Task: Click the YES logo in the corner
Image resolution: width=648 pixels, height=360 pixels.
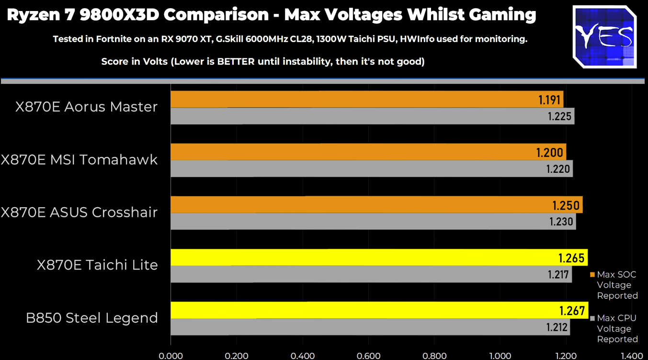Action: pyautogui.click(x=604, y=36)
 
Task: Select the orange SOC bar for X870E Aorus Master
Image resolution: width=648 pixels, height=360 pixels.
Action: pyautogui.click(x=366, y=100)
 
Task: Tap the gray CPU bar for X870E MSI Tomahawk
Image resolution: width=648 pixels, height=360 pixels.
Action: pyautogui.click(x=371, y=169)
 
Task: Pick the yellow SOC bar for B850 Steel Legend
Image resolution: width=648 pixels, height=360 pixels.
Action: pyautogui.click(x=378, y=310)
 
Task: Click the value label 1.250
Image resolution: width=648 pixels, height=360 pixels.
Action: pyautogui.click(x=566, y=205)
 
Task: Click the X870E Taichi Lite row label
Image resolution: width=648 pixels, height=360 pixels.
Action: pyautogui.click(x=97, y=265)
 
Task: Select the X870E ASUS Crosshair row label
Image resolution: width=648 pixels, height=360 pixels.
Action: pyautogui.click(x=79, y=212)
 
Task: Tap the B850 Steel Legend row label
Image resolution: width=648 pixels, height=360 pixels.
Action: pyautogui.click(x=92, y=317)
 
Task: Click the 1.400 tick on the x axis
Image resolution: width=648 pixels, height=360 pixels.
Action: pyautogui.click(x=632, y=356)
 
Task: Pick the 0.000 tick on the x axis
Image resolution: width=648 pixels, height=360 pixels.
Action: pyautogui.click(x=171, y=356)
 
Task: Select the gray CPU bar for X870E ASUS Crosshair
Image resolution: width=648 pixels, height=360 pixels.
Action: pyautogui.click(x=373, y=222)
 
